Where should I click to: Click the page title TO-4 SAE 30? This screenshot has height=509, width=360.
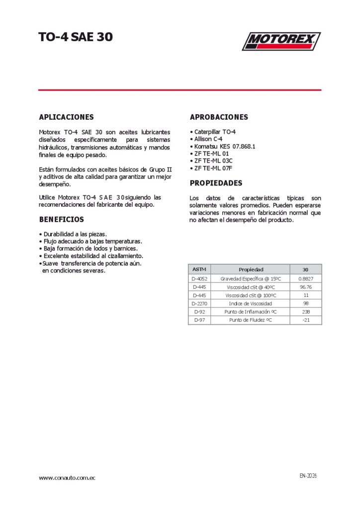coord(76,37)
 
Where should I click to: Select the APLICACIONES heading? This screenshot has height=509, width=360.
coord(66,117)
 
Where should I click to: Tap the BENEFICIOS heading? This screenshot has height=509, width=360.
coord(61,219)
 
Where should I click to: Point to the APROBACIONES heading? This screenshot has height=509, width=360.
coord(219,117)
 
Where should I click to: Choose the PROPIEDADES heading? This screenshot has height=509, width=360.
coord(216,183)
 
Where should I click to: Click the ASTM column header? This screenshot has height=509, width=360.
coord(199,269)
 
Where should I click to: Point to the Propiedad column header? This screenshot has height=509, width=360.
coord(251,269)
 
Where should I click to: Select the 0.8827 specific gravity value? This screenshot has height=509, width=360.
coord(305,279)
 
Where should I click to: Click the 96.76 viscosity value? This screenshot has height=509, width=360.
coord(305,287)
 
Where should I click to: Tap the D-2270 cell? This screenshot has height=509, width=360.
coord(199,303)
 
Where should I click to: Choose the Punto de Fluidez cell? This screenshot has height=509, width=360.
coord(251,320)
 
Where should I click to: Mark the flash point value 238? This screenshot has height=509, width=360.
coord(305,312)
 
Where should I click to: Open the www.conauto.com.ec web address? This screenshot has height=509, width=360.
coord(67,478)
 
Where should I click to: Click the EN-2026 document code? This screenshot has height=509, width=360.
coord(308,476)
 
